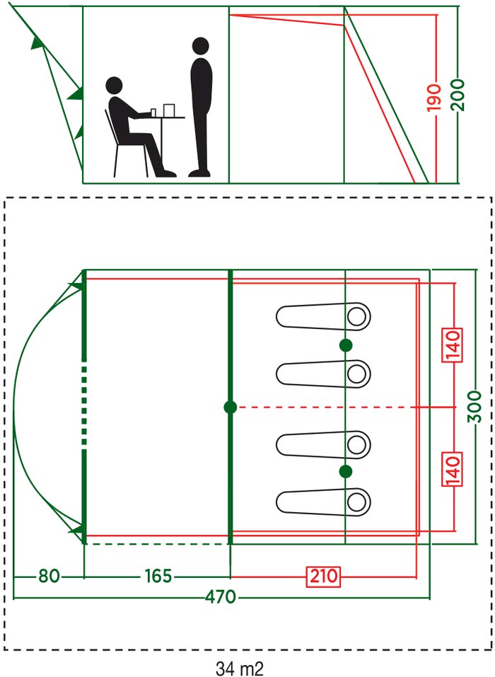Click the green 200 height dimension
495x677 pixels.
tap(459, 95)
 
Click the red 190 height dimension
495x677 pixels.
tap(435, 97)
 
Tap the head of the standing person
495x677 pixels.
tap(200, 46)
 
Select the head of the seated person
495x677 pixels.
tap(114, 86)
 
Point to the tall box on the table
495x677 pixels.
tap(169, 110)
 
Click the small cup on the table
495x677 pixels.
tap(153, 112)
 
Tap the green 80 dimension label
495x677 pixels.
tap(49, 576)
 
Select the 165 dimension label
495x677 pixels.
tap(158, 576)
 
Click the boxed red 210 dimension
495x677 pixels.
tap(324, 577)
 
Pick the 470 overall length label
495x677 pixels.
tap(221, 597)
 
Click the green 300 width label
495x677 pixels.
tap(474, 407)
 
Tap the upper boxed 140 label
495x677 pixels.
tap(453, 345)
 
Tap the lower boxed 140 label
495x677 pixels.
tap(453, 469)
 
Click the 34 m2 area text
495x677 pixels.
tap(240, 669)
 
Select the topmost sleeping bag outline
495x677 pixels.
tap(323, 316)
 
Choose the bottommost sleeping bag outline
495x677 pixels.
tap(323, 502)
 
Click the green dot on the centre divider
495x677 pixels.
tap(230, 407)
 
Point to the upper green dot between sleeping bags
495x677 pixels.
tap(346, 345)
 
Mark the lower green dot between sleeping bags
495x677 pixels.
tap(346, 471)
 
